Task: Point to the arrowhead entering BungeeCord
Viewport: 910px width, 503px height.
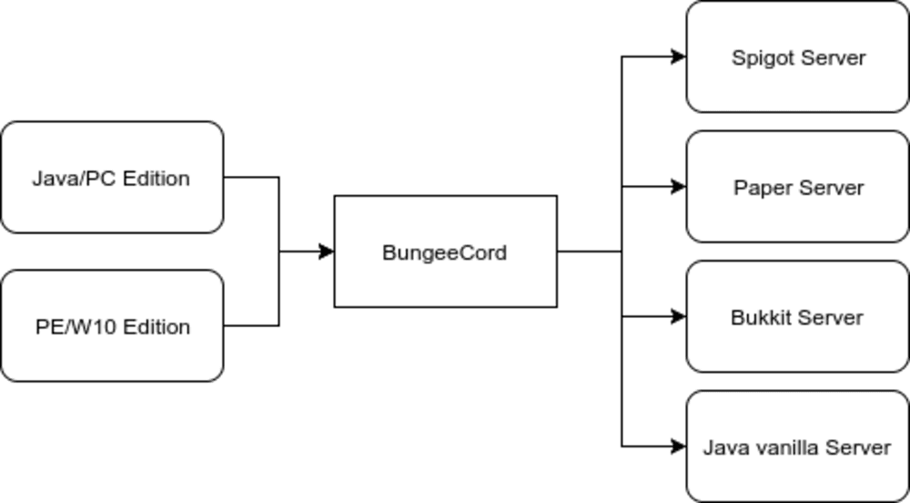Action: click(328, 251)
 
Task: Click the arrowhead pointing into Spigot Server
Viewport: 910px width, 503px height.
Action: click(679, 56)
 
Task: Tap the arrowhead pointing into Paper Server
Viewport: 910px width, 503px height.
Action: click(679, 187)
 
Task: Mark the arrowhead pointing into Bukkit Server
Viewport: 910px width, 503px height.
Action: click(679, 316)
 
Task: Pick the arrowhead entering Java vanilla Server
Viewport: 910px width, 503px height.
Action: click(679, 447)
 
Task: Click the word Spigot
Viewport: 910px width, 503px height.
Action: click(759, 58)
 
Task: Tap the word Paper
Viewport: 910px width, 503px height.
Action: click(760, 188)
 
